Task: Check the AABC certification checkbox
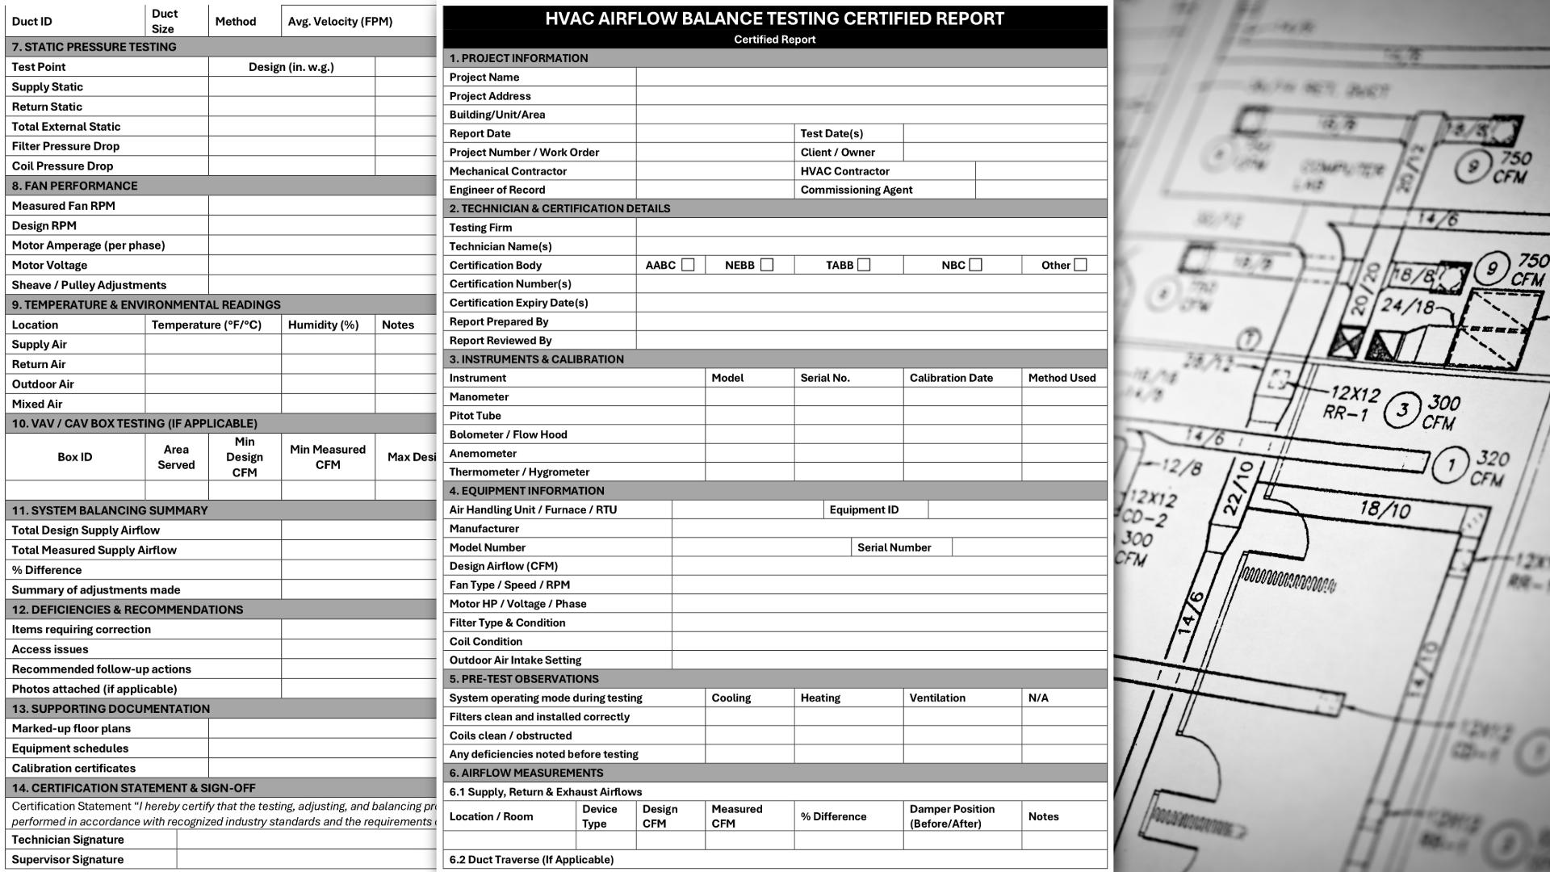(688, 265)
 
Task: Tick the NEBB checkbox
(767, 265)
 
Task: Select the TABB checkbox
(864, 265)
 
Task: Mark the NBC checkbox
(975, 265)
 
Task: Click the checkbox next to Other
(1080, 265)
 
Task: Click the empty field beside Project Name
(871, 78)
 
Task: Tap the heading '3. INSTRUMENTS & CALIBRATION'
(536, 359)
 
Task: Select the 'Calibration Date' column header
(951, 378)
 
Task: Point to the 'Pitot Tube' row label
(475, 416)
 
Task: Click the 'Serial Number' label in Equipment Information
(894, 547)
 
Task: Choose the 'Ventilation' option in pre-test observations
(936, 698)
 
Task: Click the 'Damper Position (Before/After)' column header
(952, 816)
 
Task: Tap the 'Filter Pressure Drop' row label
(65, 146)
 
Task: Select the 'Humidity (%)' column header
(323, 325)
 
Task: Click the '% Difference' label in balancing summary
(47, 570)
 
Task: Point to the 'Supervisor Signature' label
(68, 860)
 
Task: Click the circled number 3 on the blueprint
(1402, 410)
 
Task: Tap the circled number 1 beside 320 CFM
(1451, 465)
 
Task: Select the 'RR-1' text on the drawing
(1345, 414)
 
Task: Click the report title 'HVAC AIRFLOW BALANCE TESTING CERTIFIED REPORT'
(774, 19)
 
